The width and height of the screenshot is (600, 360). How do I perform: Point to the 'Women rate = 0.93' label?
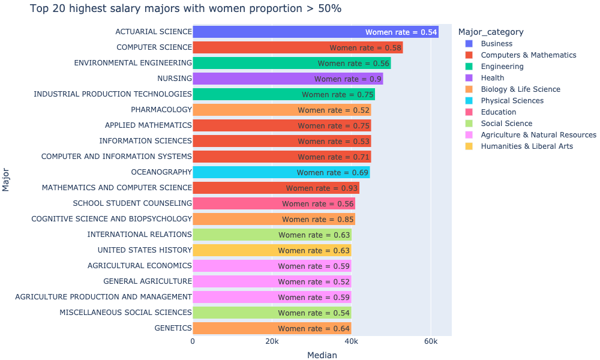click(x=322, y=188)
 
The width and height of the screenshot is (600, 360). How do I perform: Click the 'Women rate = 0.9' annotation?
click(x=348, y=79)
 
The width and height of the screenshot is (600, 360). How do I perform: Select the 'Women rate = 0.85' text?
click(x=318, y=219)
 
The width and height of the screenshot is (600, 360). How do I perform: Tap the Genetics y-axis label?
click(x=173, y=328)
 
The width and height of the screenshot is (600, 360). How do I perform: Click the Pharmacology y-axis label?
click(x=161, y=110)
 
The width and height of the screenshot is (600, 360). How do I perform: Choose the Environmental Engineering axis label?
click(x=133, y=63)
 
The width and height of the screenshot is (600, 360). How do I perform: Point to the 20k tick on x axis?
click(x=272, y=341)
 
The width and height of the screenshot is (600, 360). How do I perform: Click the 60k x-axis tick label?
click(x=430, y=341)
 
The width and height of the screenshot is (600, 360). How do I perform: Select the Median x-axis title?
click(x=322, y=355)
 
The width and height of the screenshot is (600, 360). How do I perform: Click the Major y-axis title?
click(x=7, y=180)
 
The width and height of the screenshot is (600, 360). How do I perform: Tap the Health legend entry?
click(x=492, y=77)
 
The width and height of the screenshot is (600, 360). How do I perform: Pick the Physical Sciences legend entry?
click(x=512, y=101)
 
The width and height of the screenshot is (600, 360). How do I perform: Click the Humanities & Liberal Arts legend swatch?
click(x=469, y=146)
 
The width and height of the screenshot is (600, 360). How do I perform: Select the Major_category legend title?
click(x=490, y=32)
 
